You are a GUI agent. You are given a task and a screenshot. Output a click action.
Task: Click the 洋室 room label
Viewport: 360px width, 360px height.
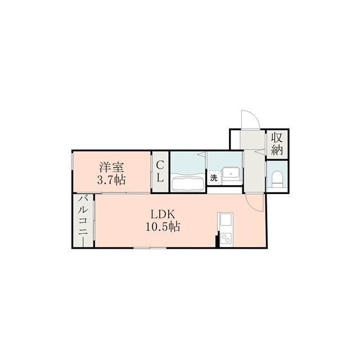click(x=111, y=168)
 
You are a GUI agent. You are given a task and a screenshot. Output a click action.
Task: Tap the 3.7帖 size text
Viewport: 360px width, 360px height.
click(x=111, y=181)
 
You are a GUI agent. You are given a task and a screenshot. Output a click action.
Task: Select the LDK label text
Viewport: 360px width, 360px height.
click(x=163, y=214)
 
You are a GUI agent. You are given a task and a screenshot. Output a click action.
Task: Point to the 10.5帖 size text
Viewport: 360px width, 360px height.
click(x=163, y=227)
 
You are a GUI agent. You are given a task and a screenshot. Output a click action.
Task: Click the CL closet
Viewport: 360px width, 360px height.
click(x=160, y=171)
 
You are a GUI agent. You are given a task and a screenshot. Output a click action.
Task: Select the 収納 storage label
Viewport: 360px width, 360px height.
click(x=277, y=144)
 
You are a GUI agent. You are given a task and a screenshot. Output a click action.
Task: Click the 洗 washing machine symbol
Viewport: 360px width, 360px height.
click(x=214, y=178)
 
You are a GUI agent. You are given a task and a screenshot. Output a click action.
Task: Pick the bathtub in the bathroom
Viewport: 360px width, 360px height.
click(x=188, y=182)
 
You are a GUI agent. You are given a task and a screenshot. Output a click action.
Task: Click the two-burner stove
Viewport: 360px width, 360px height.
click(x=226, y=239)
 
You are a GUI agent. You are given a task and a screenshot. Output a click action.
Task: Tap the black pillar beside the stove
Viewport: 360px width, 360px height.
click(x=217, y=241)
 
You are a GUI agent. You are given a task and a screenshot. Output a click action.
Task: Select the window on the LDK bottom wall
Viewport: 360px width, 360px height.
click(x=150, y=247)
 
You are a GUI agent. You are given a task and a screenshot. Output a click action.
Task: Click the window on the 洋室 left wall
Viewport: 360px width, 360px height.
click(x=72, y=162)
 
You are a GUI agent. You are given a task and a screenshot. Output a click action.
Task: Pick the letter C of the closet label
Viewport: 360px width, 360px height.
click(x=160, y=165)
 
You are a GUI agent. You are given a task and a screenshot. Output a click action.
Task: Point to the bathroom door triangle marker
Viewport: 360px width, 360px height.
click(x=202, y=154)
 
